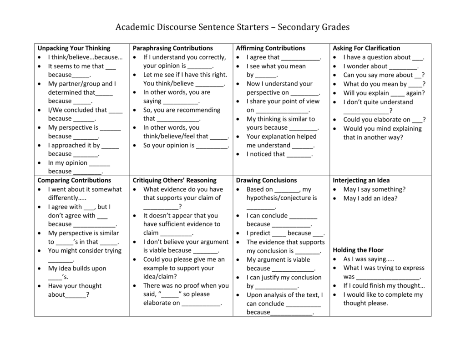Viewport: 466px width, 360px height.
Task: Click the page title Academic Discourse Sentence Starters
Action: coord(232,27)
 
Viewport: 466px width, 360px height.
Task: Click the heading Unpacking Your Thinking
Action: coord(74,48)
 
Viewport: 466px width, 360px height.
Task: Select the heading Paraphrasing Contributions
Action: coord(172,48)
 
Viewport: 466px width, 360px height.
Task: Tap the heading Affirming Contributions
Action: coord(270,48)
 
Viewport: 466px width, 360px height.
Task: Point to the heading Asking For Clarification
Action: coord(366,48)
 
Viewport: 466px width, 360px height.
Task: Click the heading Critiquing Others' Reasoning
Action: coord(174,180)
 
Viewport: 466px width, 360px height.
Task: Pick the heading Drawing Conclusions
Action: coord(266,180)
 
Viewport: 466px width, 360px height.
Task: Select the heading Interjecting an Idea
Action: coord(361,180)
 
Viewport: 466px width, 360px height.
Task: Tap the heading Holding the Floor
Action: coord(358,250)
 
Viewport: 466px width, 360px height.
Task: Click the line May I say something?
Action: coord(374,189)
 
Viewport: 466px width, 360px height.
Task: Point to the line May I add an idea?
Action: coord(370,198)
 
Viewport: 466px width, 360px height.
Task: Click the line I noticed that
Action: coord(279,154)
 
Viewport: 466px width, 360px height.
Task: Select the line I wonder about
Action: coord(380,66)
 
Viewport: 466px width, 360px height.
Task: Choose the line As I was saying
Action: coord(369,259)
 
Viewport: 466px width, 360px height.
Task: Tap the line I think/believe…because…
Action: coord(85,57)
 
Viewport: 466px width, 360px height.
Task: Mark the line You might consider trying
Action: coord(85,250)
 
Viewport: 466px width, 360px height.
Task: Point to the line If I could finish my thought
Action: coord(384,285)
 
